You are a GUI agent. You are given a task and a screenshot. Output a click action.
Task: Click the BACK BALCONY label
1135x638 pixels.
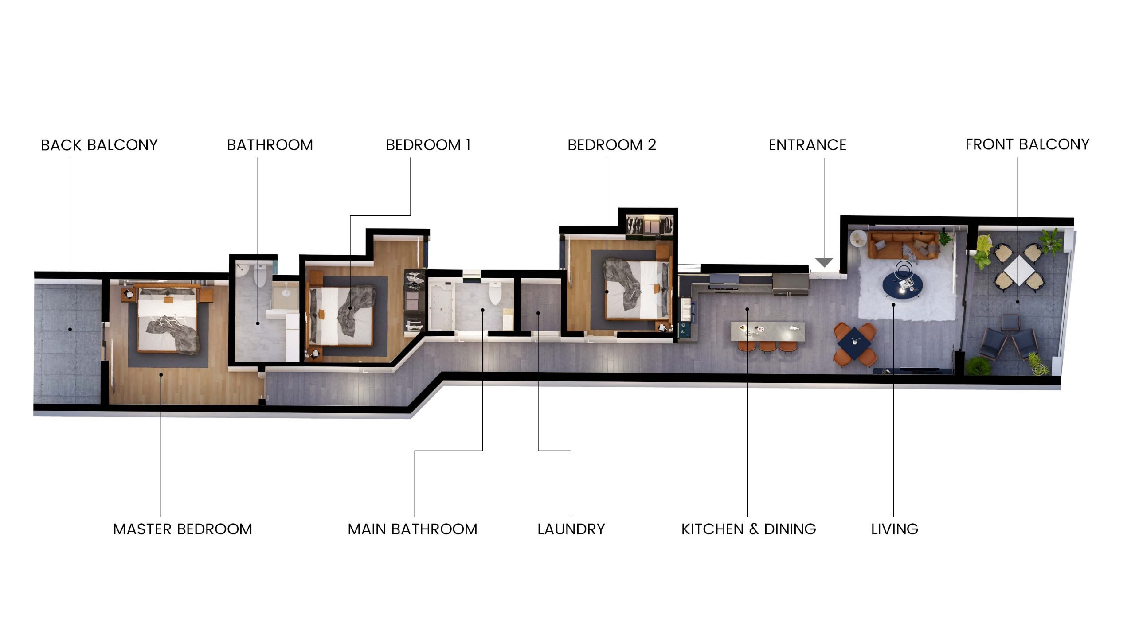[99, 145]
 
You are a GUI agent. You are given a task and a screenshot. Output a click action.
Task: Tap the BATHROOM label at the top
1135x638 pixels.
[270, 145]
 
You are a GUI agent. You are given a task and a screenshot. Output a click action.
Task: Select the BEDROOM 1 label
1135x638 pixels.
[428, 145]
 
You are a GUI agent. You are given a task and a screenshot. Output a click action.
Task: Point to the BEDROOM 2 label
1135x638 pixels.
[612, 145]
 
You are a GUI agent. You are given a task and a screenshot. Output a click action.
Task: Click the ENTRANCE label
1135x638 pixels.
[807, 145]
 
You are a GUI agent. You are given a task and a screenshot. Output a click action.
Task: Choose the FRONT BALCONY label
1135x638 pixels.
[1027, 144]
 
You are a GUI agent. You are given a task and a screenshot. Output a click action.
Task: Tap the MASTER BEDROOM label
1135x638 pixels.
[183, 529]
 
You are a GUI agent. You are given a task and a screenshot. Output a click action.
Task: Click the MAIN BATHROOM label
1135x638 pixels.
[412, 529]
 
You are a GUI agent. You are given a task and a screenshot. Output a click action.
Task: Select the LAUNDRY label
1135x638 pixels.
[571, 529]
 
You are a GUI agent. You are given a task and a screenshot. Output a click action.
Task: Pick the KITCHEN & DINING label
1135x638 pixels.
[748, 529]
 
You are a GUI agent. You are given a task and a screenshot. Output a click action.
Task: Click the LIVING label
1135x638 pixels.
[895, 529]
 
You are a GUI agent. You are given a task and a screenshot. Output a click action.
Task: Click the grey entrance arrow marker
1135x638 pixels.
[824, 262]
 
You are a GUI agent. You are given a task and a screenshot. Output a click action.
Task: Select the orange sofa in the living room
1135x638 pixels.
[904, 245]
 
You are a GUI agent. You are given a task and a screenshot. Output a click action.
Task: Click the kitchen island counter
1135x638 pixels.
[768, 331]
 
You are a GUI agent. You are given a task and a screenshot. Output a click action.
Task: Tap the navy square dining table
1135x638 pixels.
[854, 342]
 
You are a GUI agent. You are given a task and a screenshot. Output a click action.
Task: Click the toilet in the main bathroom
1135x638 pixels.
[494, 292]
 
